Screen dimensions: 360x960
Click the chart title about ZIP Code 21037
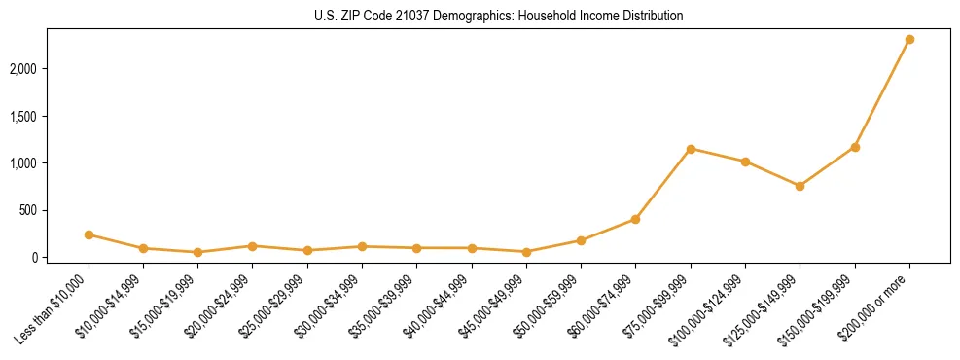coord(499,17)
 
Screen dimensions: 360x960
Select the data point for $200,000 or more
coord(909,40)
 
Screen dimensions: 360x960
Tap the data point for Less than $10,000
coord(89,234)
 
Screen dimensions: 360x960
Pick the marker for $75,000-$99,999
coord(691,149)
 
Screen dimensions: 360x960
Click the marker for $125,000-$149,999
coord(800,186)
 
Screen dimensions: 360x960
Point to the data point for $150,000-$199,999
coord(855,147)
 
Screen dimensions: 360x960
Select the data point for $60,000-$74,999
coord(635,219)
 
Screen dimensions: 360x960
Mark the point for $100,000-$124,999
coord(745,162)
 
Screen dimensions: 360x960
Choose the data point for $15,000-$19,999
coord(197,252)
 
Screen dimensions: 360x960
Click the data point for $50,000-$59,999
coord(581,240)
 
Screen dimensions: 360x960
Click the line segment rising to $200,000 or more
coord(882,93)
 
